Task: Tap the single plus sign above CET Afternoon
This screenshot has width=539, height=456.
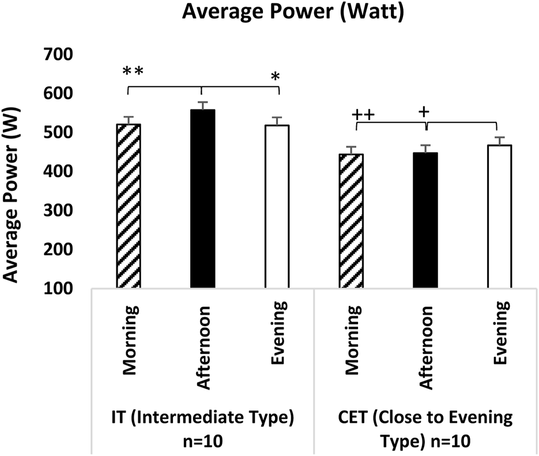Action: tap(425, 111)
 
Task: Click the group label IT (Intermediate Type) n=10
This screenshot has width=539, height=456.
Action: tap(203, 429)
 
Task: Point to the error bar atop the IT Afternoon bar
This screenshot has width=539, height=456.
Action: tap(202, 105)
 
